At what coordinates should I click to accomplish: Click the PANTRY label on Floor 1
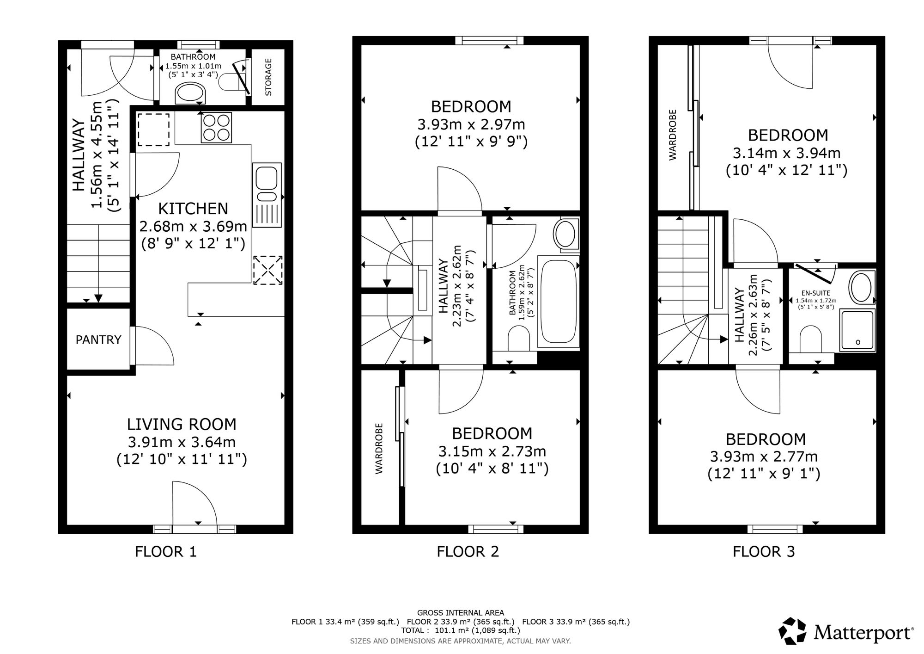tap(98, 340)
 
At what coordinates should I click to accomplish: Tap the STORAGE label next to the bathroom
tap(268, 77)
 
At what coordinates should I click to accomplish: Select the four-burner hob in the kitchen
tap(216, 127)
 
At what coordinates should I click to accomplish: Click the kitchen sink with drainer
tap(267, 195)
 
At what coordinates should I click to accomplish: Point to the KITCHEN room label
tap(193, 209)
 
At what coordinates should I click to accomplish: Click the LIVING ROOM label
tap(182, 424)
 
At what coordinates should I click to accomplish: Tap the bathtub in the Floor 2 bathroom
tap(559, 303)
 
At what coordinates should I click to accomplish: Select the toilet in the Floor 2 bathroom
tap(519, 339)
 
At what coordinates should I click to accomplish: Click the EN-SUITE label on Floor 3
tap(815, 293)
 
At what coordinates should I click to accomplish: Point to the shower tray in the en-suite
tap(857, 330)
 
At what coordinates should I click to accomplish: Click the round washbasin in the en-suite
tap(862, 288)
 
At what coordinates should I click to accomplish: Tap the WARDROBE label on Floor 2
tap(379, 448)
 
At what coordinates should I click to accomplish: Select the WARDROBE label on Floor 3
tap(673, 135)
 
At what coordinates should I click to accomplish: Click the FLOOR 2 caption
tap(468, 552)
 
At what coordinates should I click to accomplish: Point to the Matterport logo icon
tap(793, 631)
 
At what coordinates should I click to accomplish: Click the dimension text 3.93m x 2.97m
tap(471, 124)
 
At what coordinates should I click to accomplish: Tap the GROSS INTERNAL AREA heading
tap(461, 613)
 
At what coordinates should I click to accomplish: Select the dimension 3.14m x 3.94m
tap(787, 153)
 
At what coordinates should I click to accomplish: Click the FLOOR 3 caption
tap(764, 552)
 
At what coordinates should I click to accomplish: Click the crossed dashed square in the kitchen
tap(268, 270)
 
